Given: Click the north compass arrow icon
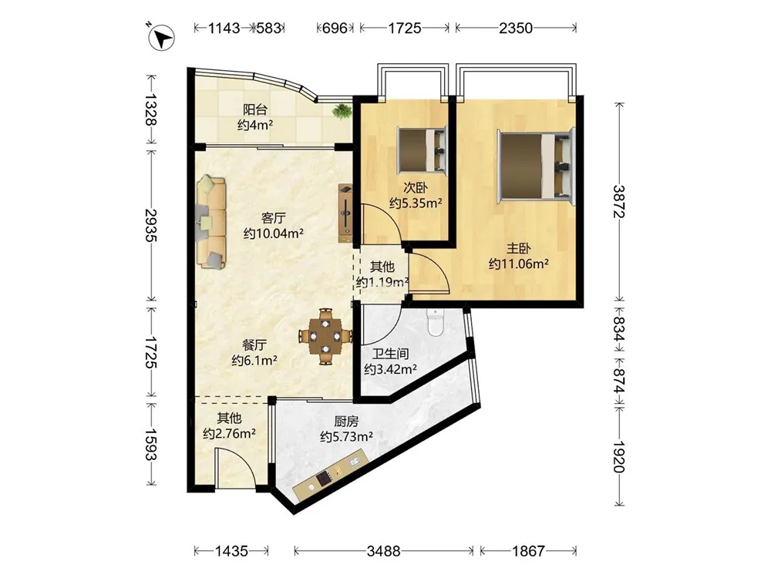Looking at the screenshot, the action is click(x=162, y=37).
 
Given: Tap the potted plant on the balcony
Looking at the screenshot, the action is click(x=342, y=112).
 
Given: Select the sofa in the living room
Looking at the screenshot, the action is click(x=211, y=223).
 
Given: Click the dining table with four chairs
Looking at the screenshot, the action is click(x=325, y=337).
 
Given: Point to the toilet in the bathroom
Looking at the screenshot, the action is click(x=436, y=322).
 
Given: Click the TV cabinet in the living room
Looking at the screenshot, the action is click(x=346, y=213).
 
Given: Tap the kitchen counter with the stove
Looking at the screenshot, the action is click(x=331, y=474).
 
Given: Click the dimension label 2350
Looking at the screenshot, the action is click(x=515, y=28).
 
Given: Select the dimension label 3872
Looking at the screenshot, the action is click(x=618, y=201).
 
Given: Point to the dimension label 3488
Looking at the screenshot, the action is click(x=383, y=551).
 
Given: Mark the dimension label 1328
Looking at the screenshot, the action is click(x=150, y=109).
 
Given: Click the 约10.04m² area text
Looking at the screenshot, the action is click(x=274, y=233).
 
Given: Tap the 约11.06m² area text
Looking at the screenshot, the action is click(x=519, y=264).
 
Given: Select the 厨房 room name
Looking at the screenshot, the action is click(x=346, y=422).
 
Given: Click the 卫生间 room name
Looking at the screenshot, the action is click(x=390, y=354).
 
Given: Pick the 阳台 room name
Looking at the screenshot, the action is click(x=255, y=109).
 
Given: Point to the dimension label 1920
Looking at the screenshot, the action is click(x=618, y=456).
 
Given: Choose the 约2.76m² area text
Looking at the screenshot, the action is click(x=229, y=434).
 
